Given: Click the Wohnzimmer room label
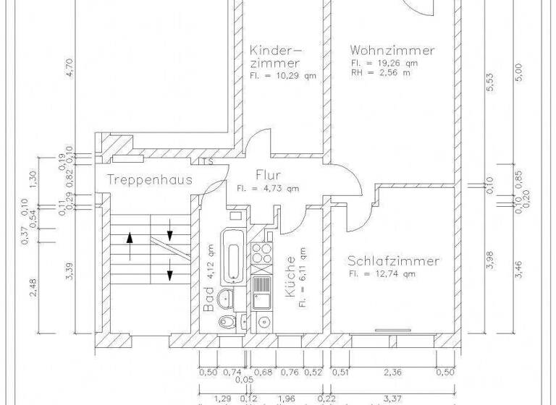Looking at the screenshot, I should click(392, 51).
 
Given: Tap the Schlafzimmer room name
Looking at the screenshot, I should click(392, 261).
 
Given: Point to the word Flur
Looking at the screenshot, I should click(267, 175).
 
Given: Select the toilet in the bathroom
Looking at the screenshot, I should click(227, 321).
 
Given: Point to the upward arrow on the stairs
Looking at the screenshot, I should click(130, 247).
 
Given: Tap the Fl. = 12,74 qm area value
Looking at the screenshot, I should click(382, 274).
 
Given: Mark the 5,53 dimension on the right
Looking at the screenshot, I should click(490, 82).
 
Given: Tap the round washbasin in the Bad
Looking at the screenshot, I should click(226, 297).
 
